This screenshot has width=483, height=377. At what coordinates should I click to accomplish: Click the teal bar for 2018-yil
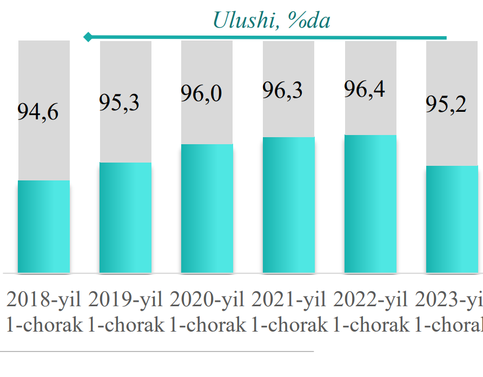click(x=44, y=226)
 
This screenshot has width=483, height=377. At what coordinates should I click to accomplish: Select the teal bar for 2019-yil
click(x=125, y=218)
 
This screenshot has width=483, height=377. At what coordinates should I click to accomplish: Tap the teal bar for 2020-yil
click(x=207, y=208)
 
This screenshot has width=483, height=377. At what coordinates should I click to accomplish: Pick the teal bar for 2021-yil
click(x=289, y=205)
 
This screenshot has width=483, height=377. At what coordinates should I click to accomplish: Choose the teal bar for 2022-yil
click(x=370, y=204)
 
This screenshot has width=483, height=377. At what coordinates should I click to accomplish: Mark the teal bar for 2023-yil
click(x=452, y=219)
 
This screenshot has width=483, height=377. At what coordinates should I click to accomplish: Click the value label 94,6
click(x=38, y=112)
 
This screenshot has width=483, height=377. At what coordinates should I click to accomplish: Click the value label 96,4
click(x=365, y=88)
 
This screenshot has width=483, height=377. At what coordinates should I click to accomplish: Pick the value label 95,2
click(x=446, y=104)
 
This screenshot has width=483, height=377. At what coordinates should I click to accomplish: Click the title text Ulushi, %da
click(x=271, y=20)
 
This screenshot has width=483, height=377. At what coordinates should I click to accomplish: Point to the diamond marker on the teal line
click(x=88, y=37)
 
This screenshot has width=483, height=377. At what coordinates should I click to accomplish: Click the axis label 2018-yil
click(x=44, y=299)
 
